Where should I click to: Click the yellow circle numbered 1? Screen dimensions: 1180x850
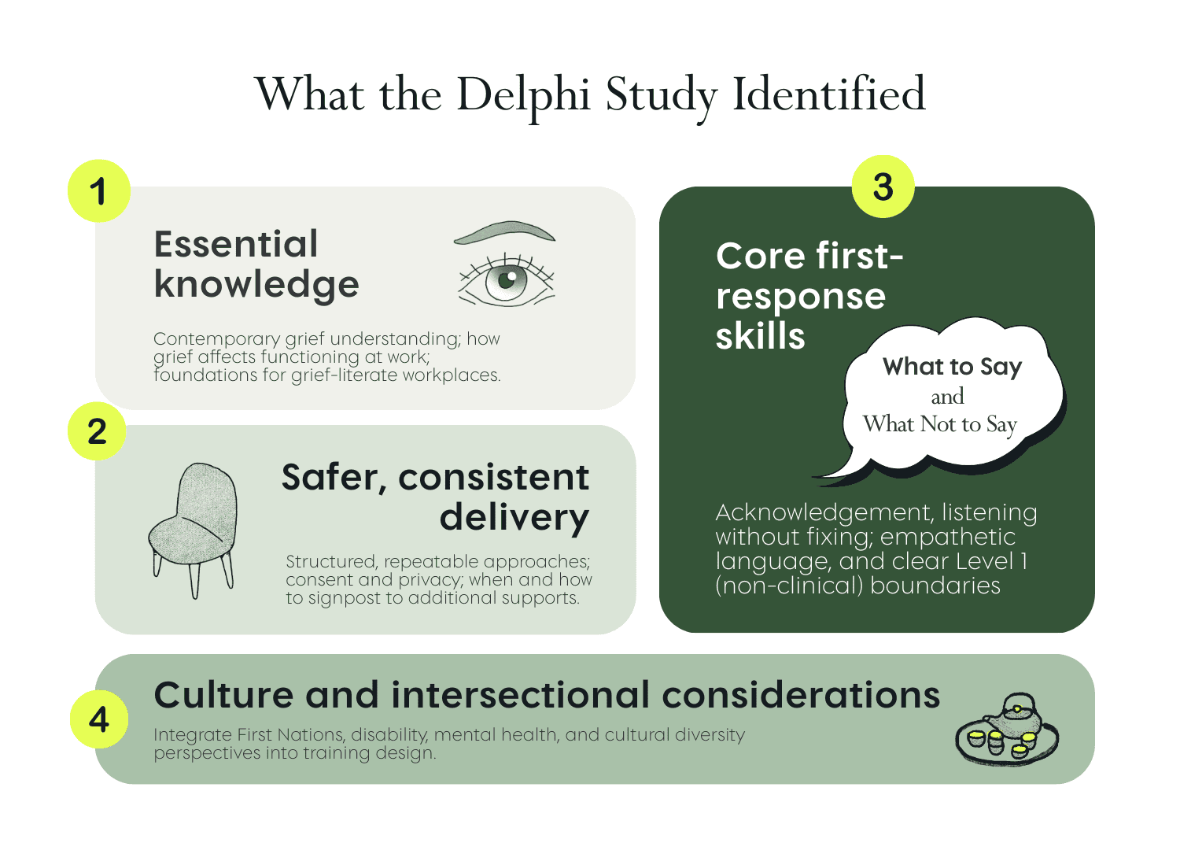[x=99, y=190]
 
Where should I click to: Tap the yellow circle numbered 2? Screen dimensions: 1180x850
[x=97, y=431]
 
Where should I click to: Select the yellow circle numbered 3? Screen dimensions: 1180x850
[x=883, y=187]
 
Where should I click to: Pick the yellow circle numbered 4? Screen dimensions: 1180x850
[x=99, y=719]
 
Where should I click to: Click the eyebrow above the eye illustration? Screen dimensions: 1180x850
[x=505, y=232]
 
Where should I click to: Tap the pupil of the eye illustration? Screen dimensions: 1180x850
[x=507, y=279]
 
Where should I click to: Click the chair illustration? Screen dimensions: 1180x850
[x=193, y=530]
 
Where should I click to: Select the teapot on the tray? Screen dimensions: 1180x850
[x=1016, y=720]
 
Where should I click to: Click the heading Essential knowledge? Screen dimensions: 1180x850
[x=256, y=264]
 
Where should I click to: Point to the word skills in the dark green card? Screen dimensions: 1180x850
[x=761, y=336]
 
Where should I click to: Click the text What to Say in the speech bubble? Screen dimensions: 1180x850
[x=953, y=367]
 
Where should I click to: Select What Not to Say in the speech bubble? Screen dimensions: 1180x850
[x=940, y=425]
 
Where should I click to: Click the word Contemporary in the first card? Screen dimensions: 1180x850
[x=216, y=339]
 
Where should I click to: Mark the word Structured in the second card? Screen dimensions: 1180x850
[x=331, y=562]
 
